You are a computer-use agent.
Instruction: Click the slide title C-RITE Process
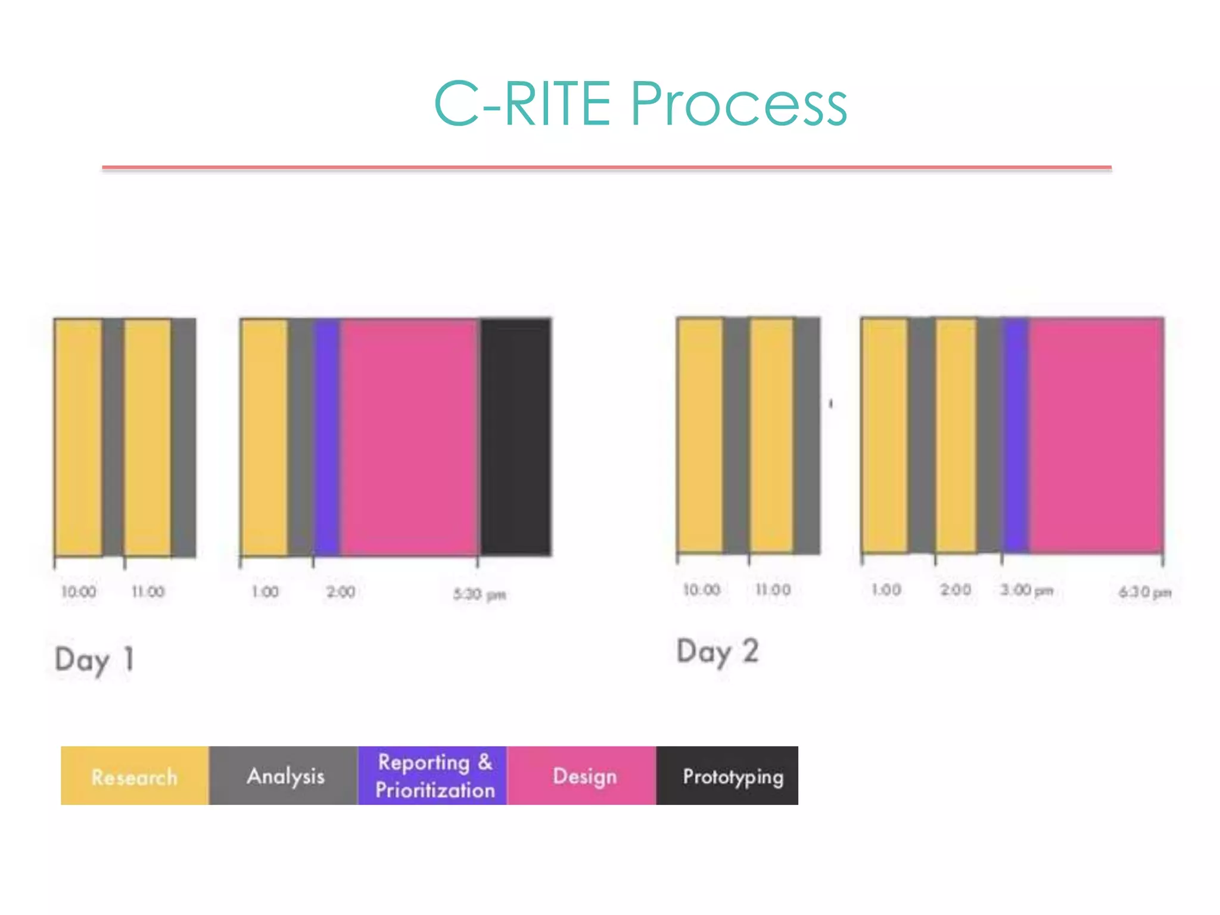640,104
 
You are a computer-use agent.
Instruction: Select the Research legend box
135,776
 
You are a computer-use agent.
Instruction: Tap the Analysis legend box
284,776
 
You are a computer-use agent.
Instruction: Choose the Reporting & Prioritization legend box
433,776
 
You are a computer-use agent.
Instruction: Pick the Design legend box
582,776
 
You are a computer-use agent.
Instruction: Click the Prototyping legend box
727,776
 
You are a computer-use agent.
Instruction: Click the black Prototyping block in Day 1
516,437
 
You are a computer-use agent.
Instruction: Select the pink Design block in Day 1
409,437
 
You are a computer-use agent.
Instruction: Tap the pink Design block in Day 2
1096,435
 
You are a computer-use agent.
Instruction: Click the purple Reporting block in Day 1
327,437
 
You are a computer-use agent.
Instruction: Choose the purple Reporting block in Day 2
1015,435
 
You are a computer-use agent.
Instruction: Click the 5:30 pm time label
480,594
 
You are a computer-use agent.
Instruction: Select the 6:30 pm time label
1145,592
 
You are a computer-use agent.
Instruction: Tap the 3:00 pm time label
1027,590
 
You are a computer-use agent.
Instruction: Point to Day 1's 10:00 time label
79,592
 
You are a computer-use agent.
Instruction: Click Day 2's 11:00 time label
773,590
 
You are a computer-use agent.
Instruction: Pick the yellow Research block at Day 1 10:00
79,437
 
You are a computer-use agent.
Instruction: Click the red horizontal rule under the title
606,168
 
